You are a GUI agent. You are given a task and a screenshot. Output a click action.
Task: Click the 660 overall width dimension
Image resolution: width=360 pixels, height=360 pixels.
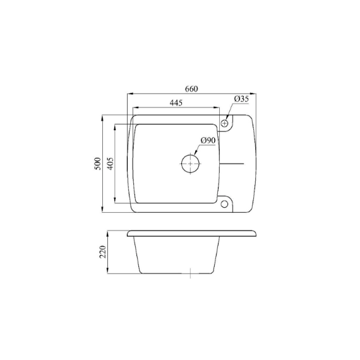[x=191, y=89]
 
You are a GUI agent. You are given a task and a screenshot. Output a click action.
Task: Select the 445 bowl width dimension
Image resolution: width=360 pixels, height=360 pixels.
[x=176, y=102]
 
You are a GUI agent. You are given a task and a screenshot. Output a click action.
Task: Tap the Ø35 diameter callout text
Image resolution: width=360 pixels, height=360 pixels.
[x=241, y=99]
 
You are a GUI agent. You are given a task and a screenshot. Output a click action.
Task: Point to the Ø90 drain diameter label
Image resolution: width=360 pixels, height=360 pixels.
[x=208, y=140]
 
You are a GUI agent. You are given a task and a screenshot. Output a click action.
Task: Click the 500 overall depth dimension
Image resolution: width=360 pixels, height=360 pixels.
[x=97, y=164]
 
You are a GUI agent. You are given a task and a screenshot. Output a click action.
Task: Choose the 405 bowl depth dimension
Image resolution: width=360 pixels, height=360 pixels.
[x=110, y=164]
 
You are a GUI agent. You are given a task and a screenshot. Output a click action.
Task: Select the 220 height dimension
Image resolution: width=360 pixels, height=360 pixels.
[x=102, y=252]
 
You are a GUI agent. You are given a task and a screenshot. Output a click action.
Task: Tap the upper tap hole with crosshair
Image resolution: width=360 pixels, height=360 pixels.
[x=224, y=124]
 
